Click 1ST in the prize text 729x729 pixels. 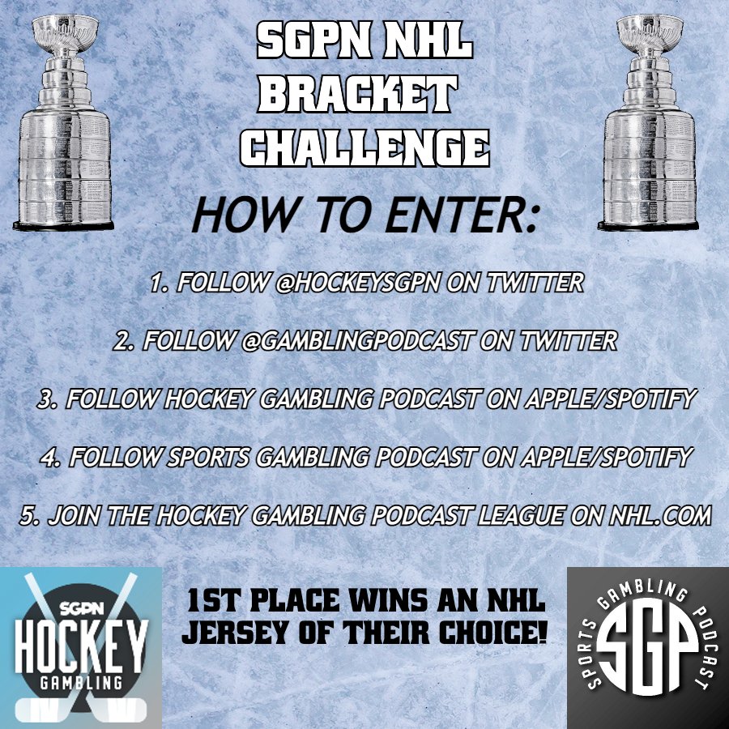coord(212,603)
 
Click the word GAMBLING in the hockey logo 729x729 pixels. coord(81,684)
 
